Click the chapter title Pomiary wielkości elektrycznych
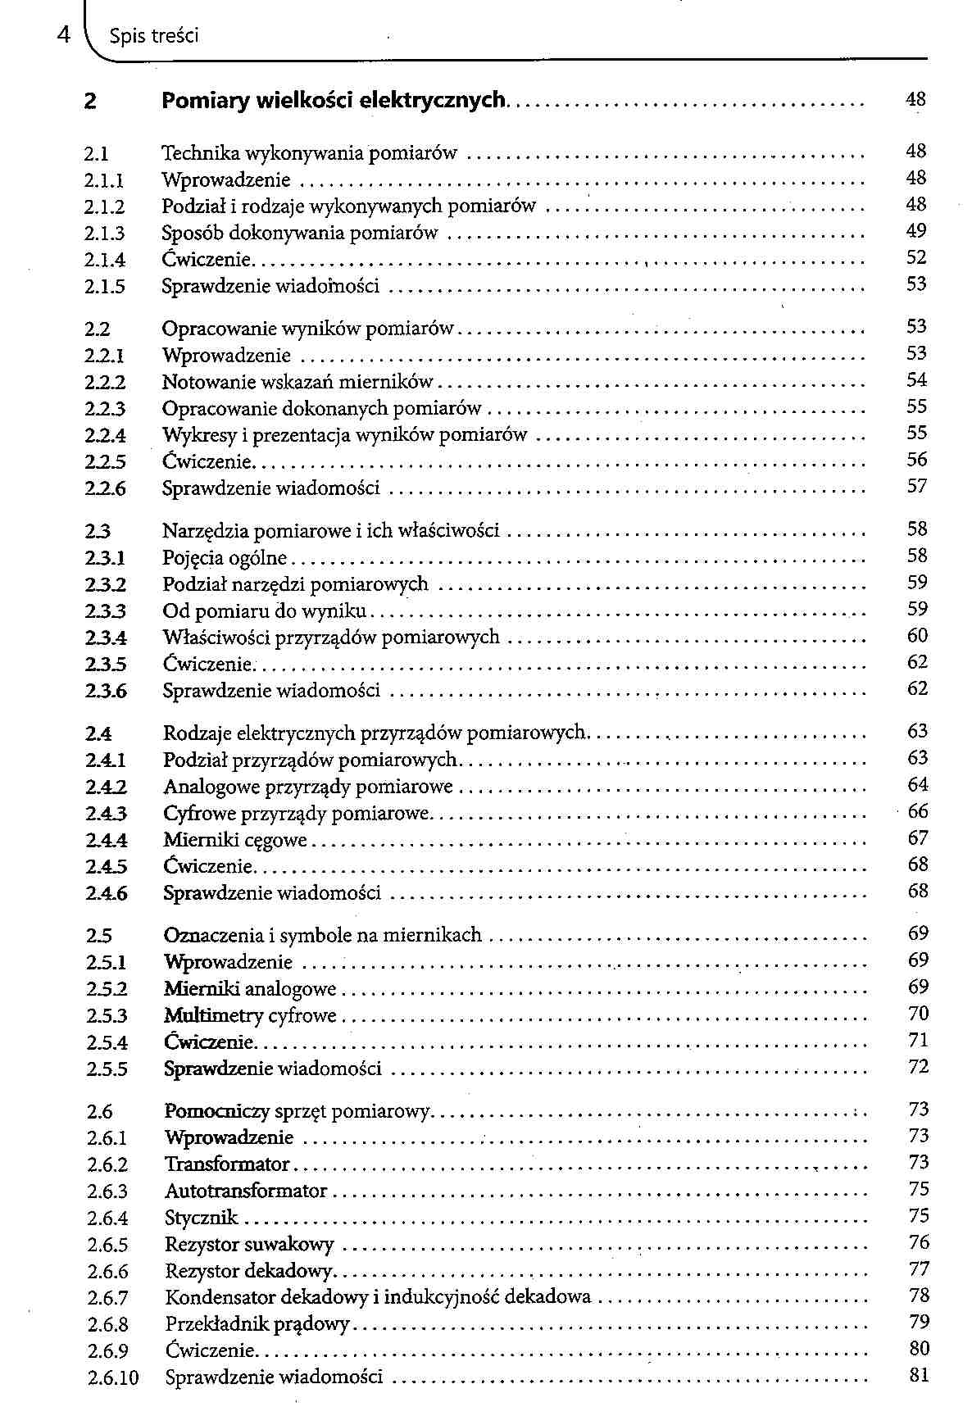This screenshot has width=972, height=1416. point(334,101)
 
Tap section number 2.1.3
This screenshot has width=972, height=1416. point(105,234)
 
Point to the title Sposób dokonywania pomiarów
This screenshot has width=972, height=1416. point(300,233)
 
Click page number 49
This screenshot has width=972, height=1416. point(916,231)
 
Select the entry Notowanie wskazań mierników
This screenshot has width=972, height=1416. point(298,382)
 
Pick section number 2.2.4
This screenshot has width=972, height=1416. point(105,435)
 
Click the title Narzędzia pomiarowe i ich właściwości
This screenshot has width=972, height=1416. point(331,531)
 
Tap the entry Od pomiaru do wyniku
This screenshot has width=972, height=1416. point(265,611)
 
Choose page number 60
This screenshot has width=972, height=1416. point(917,636)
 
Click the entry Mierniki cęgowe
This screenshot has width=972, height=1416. point(235,840)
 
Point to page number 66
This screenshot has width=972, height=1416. point(918,811)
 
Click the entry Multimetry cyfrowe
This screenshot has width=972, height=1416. point(250,1016)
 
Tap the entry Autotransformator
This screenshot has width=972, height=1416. point(246,1191)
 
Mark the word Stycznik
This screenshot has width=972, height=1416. point(201,1219)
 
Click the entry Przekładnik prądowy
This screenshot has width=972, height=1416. point(257,1324)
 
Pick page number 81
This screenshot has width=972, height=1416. point(919,1375)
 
